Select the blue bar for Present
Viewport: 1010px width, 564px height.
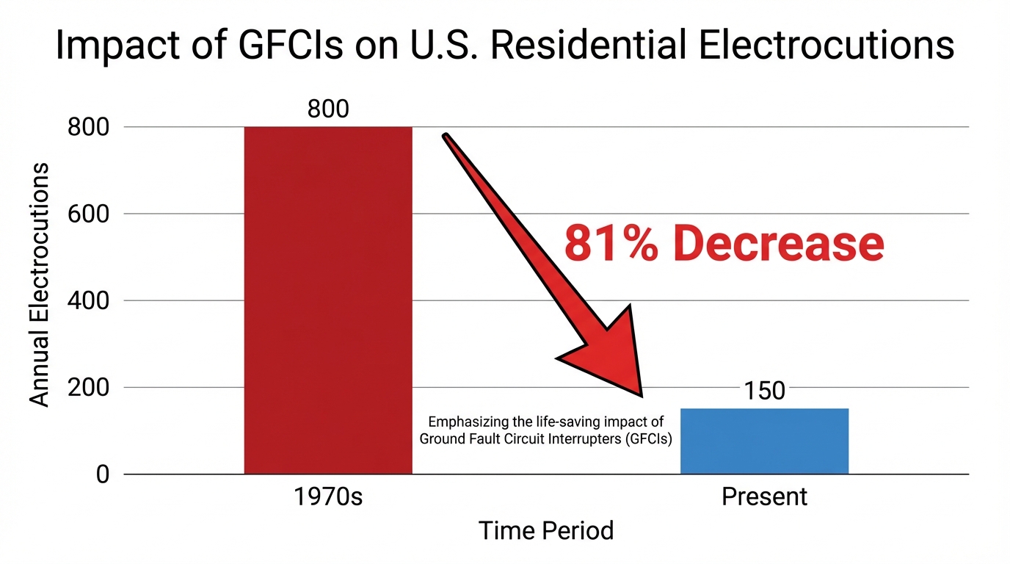pos(764,441)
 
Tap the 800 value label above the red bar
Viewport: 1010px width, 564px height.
pos(328,109)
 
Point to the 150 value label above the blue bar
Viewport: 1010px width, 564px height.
pos(764,391)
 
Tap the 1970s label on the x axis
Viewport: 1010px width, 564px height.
pos(328,497)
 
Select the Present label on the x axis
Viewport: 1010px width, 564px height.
pos(764,497)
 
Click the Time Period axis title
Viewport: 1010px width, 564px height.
pos(546,530)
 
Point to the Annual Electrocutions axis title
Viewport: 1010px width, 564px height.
pos(40,284)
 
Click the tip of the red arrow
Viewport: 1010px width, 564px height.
pos(642,395)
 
